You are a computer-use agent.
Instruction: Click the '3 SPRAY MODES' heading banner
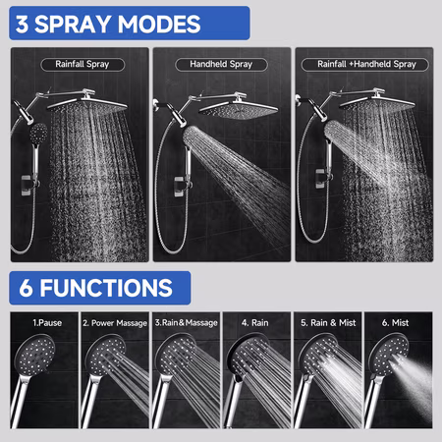click(130, 24)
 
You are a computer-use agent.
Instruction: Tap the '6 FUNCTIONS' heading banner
click(100, 288)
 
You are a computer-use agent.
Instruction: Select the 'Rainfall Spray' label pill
click(83, 64)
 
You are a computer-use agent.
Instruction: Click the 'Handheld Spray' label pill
click(221, 64)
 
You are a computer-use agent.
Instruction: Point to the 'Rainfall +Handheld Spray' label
click(364, 64)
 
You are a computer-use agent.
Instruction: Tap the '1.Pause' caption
click(47, 323)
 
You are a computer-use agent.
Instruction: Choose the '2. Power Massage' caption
click(115, 323)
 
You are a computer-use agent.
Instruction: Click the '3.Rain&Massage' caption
click(186, 323)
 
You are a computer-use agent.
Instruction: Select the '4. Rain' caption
click(255, 323)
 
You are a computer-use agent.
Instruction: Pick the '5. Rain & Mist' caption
click(328, 323)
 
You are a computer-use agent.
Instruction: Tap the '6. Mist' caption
click(395, 323)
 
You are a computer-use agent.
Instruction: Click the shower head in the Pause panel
click(34, 355)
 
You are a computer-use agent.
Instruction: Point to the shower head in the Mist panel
click(389, 355)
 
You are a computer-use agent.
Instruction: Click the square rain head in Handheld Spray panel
click(239, 110)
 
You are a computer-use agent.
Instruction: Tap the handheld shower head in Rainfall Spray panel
click(38, 133)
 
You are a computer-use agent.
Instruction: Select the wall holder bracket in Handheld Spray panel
click(180, 187)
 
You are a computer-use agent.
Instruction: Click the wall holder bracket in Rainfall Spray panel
click(28, 186)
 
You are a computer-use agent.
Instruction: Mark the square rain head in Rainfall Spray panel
click(87, 105)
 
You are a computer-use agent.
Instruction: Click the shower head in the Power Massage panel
click(105, 355)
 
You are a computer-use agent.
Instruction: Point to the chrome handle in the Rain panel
click(233, 401)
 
